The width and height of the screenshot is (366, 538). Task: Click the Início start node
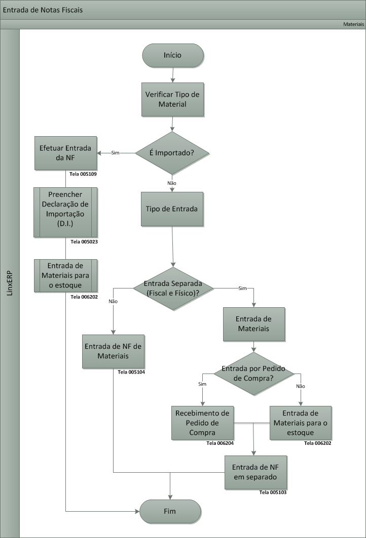[173, 55]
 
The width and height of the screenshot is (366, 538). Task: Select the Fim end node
[170, 511]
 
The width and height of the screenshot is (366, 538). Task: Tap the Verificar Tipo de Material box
[173, 100]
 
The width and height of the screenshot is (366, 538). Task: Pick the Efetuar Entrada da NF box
[65, 153]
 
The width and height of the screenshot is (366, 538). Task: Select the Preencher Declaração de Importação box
[65, 212]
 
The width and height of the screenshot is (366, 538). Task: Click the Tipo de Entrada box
[172, 209]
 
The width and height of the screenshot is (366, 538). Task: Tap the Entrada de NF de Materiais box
[114, 351]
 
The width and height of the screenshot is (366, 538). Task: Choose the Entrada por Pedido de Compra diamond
[253, 374]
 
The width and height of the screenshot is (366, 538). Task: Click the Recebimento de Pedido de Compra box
[202, 423]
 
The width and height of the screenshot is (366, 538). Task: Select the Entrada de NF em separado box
[254, 472]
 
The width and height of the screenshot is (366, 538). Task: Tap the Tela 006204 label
[221, 443]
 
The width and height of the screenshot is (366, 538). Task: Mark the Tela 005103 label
[273, 492]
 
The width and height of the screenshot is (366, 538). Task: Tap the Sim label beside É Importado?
[115, 153]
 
